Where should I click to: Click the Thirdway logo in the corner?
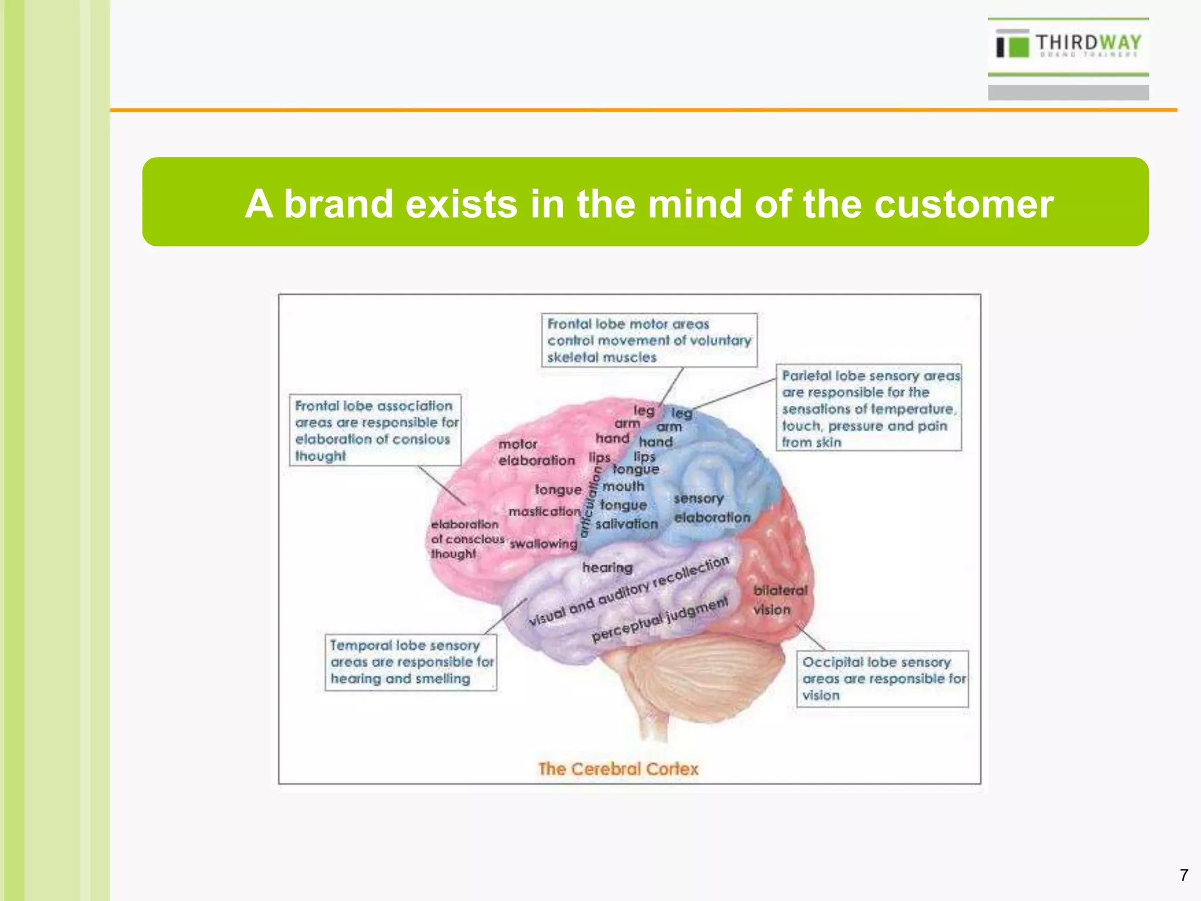click(x=1068, y=46)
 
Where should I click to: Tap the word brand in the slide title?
click(x=338, y=204)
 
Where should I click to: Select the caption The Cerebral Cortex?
click(x=618, y=769)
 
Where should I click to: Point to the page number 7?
click(x=1184, y=875)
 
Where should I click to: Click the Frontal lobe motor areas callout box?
click(x=649, y=340)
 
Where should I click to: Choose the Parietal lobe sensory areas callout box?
click(x=869, y=408)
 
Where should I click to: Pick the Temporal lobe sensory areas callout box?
click(x=410, y=662)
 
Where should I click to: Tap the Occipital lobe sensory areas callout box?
click(x=882, y=679)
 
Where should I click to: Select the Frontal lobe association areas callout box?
click(x=375, y=431)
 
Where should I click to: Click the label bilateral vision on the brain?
click(x=779, y=600)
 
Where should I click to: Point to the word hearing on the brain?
click(x=608, y=567)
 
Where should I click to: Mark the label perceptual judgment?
click(x=660, y=619)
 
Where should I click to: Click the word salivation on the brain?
click(x=626, y=524)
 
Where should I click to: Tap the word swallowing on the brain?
click(x=544, y=544)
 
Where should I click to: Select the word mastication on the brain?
click(x=544, y=512)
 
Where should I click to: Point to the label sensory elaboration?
click(x=711, y=508)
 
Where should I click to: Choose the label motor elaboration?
click(x=536, y=452)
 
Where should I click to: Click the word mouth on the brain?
click(x=623, y=486)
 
